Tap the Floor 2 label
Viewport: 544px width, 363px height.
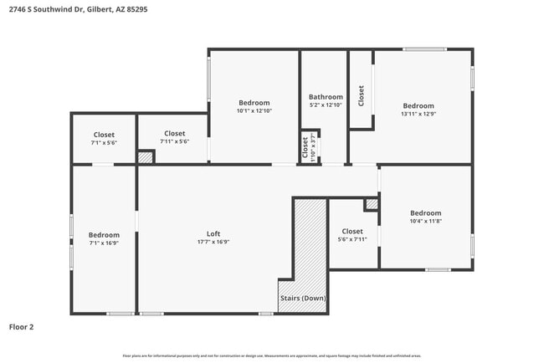[x=22, y=327]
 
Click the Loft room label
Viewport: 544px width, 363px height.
[x=213, y=233]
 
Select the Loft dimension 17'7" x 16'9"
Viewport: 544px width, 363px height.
[x=213, y=242]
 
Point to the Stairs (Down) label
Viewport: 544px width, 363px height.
[x=302, y=299]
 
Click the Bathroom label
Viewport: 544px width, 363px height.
[x=326, y=96]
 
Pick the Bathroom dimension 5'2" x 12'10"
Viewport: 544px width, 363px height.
[x=326, y=105]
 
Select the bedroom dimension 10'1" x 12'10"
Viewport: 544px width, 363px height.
[x=254, y=110]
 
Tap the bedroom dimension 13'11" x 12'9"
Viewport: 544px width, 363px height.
[x=418, y=114]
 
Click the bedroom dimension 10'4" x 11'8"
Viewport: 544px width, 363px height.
[x=425, y=221]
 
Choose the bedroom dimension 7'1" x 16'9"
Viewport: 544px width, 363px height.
[x=105, y=243]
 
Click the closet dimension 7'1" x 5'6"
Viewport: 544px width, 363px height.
[x=104, y=142]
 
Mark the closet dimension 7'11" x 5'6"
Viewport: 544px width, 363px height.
[x=174, y=141]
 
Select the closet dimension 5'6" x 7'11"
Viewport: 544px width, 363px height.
[x=352, y=239]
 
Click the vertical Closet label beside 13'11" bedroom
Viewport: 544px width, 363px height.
[x=362, y=95]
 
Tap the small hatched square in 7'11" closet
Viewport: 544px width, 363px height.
[x=146, y=156]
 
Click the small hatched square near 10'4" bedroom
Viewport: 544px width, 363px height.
[x=371, y=204]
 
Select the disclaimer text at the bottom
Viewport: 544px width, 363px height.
[x=272, y=355]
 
